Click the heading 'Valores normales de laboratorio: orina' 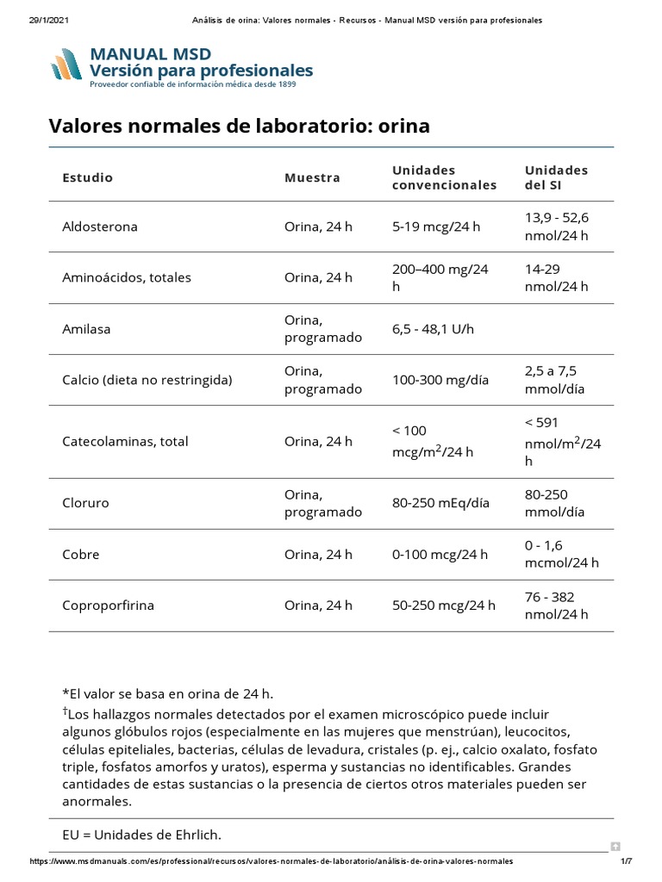click(x=239, y=127)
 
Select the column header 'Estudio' click(x=87, y=177)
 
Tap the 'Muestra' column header click(x=312, y=177)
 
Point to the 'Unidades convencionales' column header click(x=444, y=177)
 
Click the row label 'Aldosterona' click(x=100, y=227)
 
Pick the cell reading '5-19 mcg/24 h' click(x=435, y=227)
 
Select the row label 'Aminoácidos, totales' click(x=127, y=277)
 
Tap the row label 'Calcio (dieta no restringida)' click(x=147, y=380)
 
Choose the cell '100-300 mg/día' click(x=440, y=380)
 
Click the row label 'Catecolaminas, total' click(x=125, y=442)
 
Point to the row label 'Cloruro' click(x=85, y=503)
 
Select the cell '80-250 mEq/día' click(x=440, y=503)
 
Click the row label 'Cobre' click(x=81, y=555)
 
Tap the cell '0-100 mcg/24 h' click(x=440, y=555)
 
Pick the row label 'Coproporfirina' click(x=109, y=606)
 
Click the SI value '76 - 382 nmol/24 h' click(x=556, y=606)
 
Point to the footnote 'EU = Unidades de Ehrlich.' click(x=141, y=835)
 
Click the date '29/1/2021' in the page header click(x=42, y=20)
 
